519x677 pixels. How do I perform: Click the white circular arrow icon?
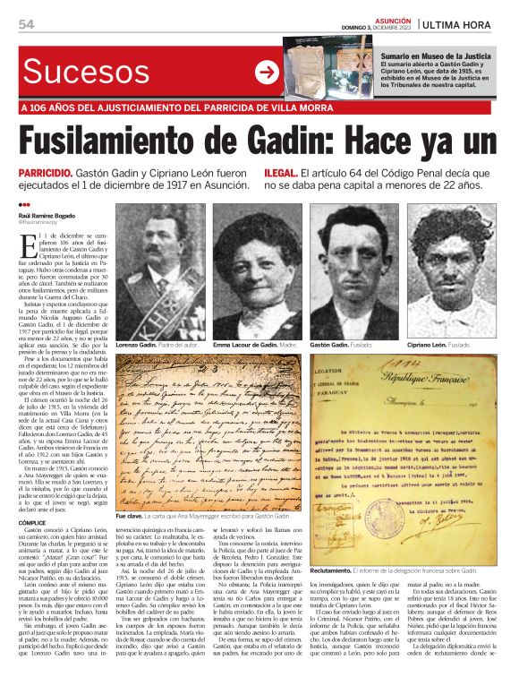(266, 72)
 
